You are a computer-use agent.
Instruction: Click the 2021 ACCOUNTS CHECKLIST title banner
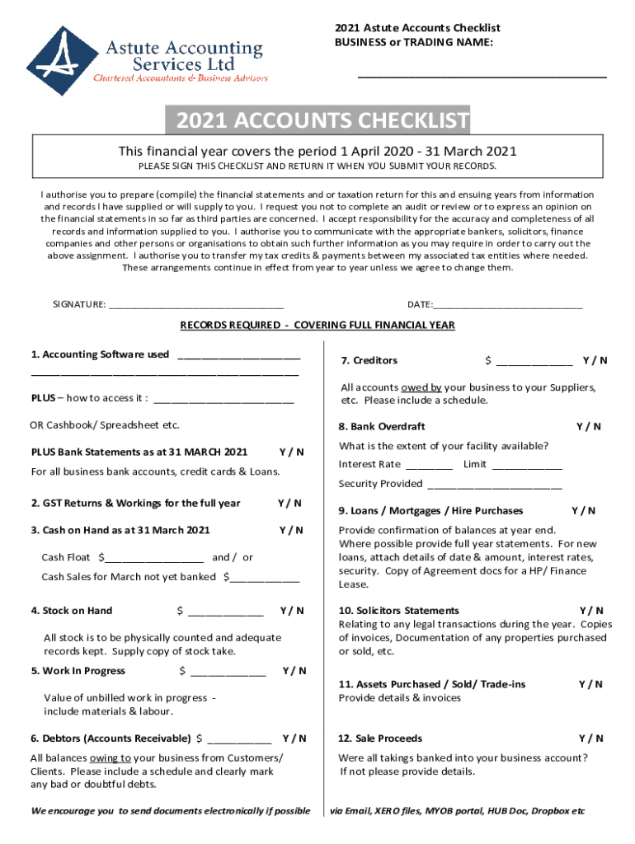click(317, 122)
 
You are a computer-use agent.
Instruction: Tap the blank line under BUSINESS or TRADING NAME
click(482, 76)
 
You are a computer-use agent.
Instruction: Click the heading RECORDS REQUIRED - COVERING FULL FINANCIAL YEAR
click(317, 326)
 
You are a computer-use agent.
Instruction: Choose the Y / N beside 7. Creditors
click(595, 360)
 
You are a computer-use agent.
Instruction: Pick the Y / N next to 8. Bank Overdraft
click(588, 427)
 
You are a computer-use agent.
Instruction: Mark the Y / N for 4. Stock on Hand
click(292, 611)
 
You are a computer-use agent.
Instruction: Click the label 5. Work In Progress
click(78, 671)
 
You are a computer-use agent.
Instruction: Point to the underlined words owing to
click(111, 758)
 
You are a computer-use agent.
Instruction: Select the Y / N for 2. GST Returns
click(289, 504)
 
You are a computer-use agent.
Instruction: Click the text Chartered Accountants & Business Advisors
click(181, 78)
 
